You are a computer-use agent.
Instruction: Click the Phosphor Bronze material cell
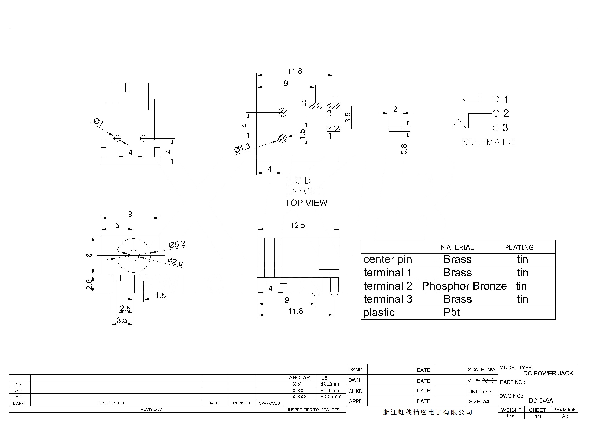(464, 286)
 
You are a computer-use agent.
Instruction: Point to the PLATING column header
(519, 247)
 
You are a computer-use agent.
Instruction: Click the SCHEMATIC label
(488, 142)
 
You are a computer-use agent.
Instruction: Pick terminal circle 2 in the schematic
(496, 113)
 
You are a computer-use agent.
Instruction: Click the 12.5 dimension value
(298, 225)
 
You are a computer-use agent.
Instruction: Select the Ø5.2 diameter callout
(177, 244)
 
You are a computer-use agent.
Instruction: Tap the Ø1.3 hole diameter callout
(242, 148)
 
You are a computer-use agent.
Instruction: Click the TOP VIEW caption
(306, 203)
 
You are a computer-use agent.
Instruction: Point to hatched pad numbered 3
(315, 106)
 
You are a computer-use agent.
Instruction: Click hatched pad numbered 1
(334, 129)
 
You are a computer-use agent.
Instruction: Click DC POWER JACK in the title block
(548, 374)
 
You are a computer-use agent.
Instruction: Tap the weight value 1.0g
(511, 416)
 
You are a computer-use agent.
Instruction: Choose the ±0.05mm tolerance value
(331, 397)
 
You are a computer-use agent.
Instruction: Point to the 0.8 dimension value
(404, 149)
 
